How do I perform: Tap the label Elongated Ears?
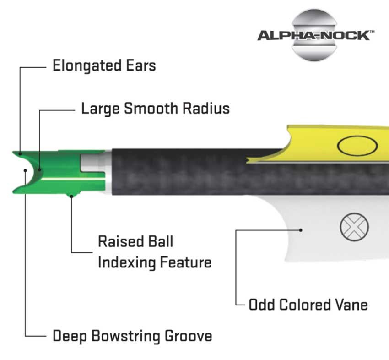tap(104, 66)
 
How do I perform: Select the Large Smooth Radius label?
tap(156, 109)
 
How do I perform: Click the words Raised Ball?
tap(135, 241)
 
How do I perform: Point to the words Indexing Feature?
tap(155, 262)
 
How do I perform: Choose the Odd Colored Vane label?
tap(308, 305)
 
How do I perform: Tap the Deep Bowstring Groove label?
tap(132, 336)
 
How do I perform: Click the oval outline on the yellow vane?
tap(357, 146)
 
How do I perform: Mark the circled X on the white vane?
tap(354, 227)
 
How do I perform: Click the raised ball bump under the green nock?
tap(71, 195)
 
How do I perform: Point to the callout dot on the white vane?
tap(301, 230)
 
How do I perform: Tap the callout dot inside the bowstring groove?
tap(25, 170)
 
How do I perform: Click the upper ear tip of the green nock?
tap(13, 153)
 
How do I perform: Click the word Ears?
tap(141, 65)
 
